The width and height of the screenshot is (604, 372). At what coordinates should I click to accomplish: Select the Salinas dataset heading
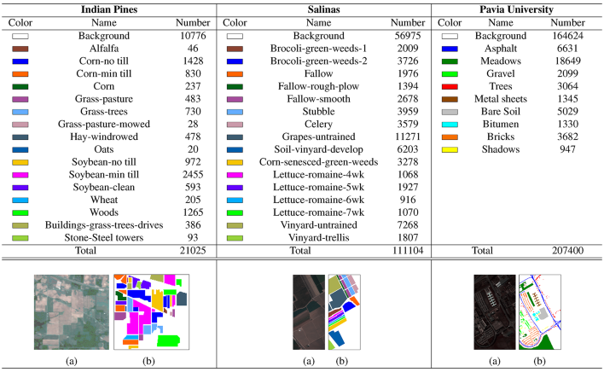[x=326, y=9]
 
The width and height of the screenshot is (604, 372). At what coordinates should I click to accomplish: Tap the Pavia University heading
[x=520, y=9]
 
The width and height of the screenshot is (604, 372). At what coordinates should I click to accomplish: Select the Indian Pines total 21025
[x=192, y=252]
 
